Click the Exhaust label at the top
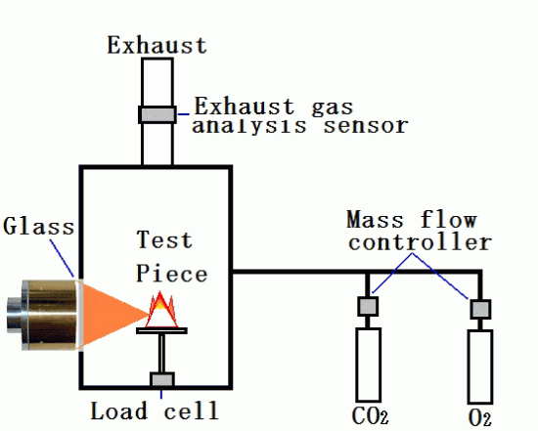(x=157, y=45)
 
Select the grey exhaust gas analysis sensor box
(x=157, y=114)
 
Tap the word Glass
(x=38, y=227)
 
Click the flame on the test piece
(x=161, y=310)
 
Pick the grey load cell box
(x=162, y=380)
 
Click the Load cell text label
(x=155, y=410)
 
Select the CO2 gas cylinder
(x=368, y=365)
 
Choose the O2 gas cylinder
(x=480, y=366)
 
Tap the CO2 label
(x=370, y=416)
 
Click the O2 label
(x=479, y=418)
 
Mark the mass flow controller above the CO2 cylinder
(x=368, y=306)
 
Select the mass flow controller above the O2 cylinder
(x=480, y=309)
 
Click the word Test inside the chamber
(x=164, y=239)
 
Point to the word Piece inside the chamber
(x=171, y=274)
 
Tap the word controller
(x=420, y=242)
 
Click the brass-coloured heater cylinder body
(x=52, y=315)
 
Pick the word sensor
(x=366, y=126)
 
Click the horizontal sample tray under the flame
(x=161, y=330)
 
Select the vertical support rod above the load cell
(x=161, y=353)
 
